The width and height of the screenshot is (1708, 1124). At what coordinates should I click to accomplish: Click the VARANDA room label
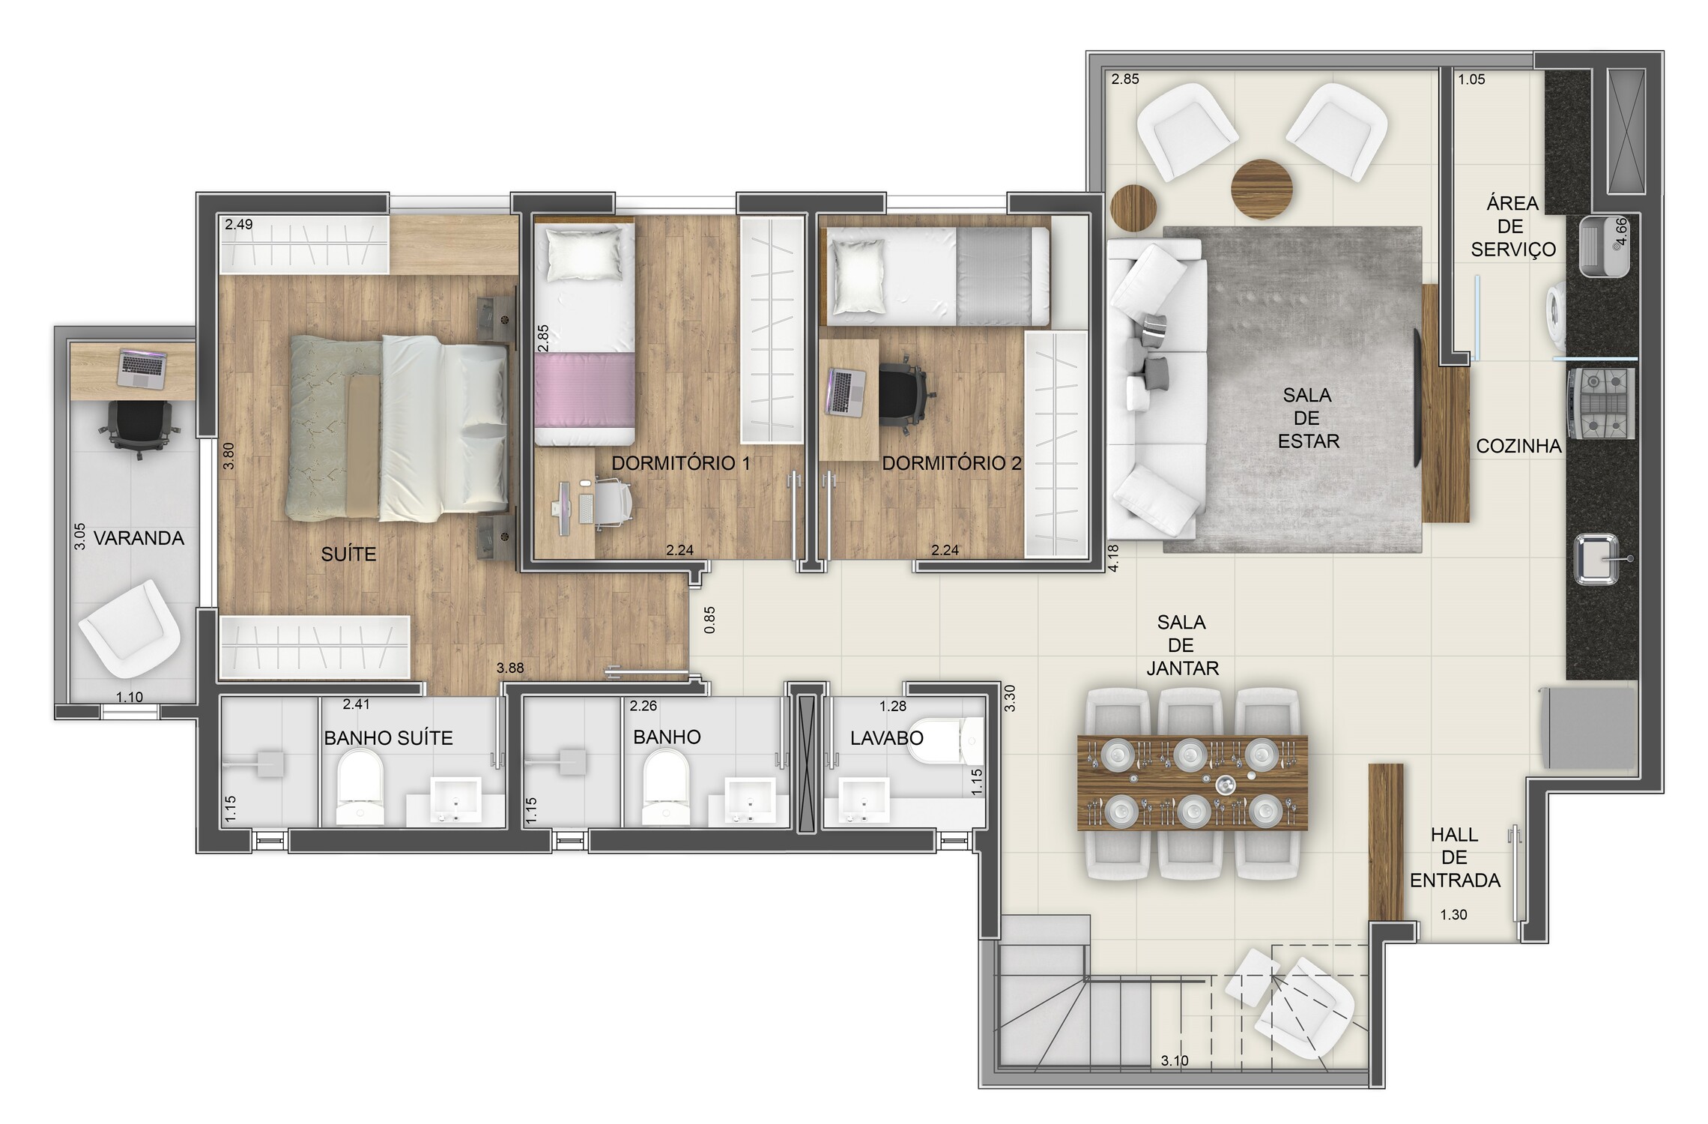pos(139,538)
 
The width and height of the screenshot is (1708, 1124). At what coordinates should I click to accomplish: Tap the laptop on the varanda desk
pos(142,369)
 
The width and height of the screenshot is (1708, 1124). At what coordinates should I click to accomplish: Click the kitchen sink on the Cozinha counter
pos(1596,558)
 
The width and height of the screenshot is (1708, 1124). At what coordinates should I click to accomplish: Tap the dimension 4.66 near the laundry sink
pos(1621,232)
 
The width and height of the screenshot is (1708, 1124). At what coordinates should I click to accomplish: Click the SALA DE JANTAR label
pos(1182,644)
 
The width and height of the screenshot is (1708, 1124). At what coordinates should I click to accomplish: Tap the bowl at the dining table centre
pos(1226,785)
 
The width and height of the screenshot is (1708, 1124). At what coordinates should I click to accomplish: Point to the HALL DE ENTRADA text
pos(1455,857)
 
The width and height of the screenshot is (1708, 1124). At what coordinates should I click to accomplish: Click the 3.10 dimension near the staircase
pos(1175,1061)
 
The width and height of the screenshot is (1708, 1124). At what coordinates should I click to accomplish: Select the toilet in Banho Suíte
pos(360,788)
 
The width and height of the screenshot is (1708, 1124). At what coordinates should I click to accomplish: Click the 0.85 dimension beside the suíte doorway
pos(709,620)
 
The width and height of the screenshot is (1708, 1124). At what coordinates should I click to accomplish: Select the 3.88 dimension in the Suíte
pos(510,668)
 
